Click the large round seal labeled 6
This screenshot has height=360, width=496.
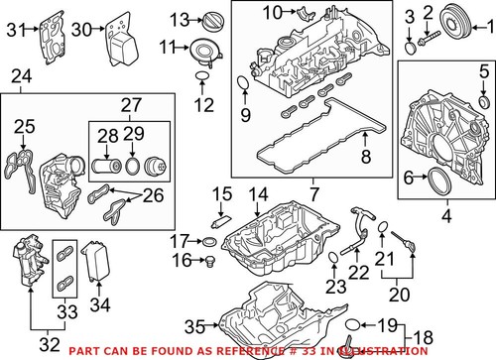[x=434, y=179]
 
